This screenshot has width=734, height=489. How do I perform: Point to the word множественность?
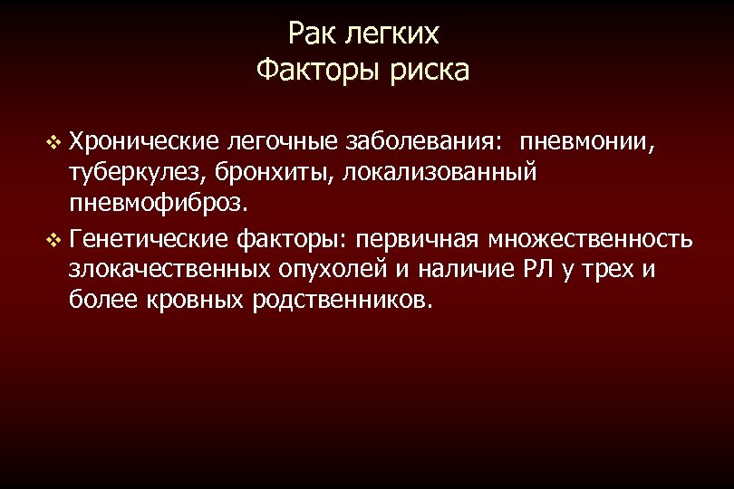point(591,241)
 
